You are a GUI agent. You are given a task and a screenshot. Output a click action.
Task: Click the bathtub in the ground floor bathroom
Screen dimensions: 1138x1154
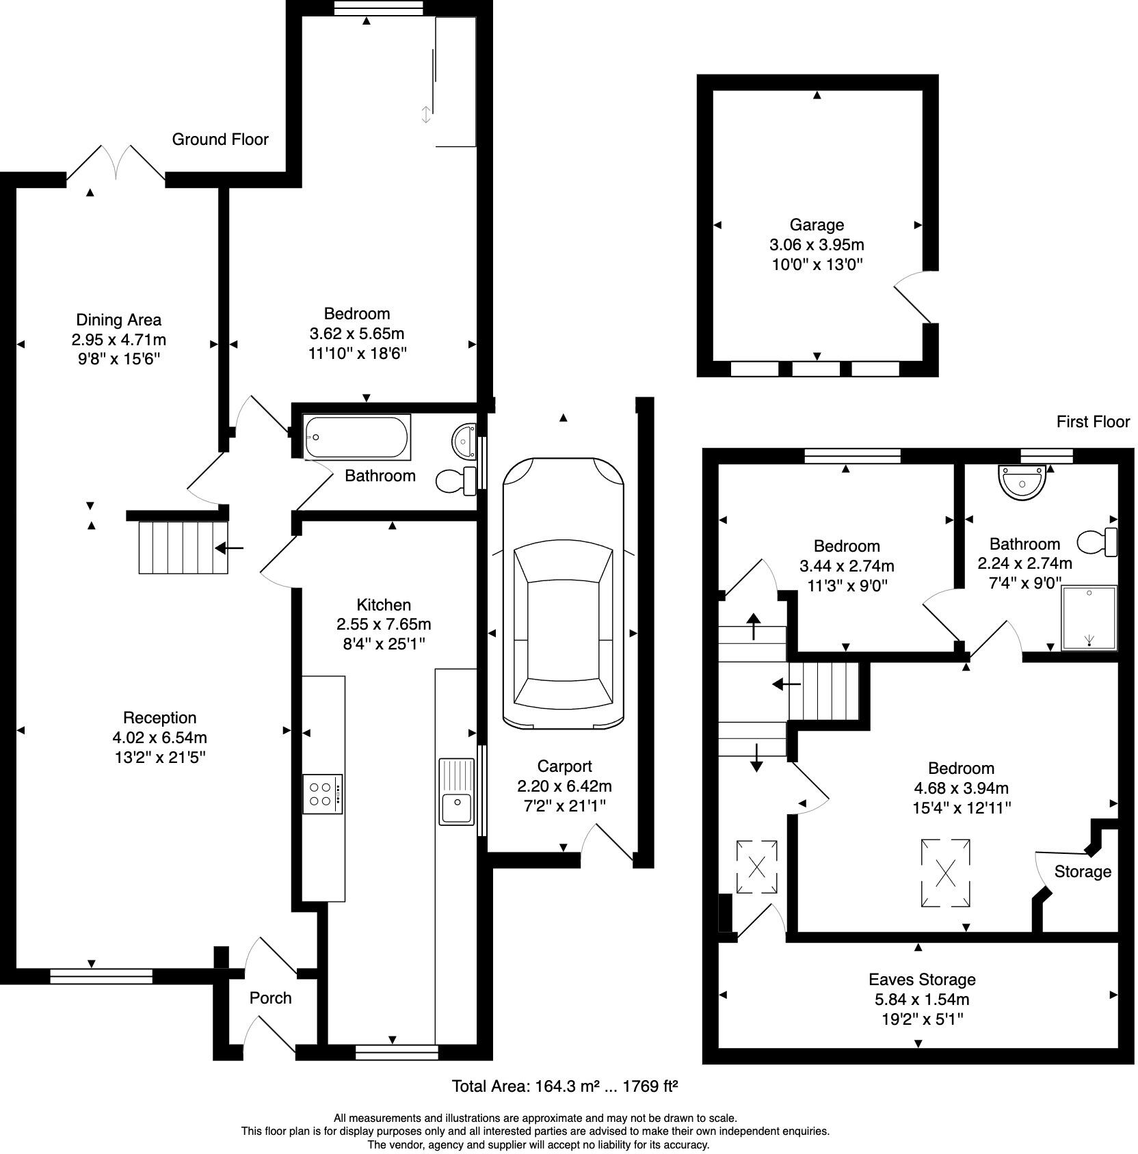(357, 437)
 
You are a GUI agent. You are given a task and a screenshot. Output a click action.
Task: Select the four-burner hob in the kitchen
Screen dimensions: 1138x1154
(323, 794)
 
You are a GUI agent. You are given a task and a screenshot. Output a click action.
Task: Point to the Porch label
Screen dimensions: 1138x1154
(271, 998)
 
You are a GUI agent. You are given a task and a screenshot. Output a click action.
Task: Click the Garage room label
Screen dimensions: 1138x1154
(817, 225)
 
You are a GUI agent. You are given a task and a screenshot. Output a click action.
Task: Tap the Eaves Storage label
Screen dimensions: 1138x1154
(922, 980)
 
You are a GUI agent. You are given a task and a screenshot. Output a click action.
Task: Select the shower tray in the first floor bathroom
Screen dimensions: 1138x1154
(1089, 617)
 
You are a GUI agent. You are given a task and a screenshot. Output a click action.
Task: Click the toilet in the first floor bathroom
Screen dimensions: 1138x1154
(1097, 542)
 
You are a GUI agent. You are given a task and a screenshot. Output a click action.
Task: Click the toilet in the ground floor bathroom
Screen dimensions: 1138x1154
(456, 481)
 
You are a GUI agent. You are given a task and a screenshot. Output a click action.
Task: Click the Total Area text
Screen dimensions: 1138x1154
(565, 1086)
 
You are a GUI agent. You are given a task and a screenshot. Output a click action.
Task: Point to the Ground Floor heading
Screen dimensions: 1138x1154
(220, 139)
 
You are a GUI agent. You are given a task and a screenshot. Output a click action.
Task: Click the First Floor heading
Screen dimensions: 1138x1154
(1093, 422)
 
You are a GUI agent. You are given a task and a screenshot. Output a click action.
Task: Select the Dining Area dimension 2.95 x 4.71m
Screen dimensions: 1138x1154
(119, 340)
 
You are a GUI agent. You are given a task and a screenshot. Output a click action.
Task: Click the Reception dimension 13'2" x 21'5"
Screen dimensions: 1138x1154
(159, 757)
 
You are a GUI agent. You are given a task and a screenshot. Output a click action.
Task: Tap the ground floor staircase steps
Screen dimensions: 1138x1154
(183, 547)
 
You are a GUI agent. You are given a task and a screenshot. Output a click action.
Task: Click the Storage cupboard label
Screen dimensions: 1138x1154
(1083, 872)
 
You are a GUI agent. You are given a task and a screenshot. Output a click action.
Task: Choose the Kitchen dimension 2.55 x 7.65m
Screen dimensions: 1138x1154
(384, 624)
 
